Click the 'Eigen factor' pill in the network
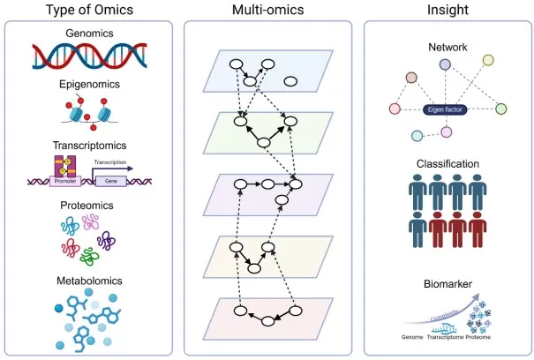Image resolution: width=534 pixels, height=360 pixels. (446, 108)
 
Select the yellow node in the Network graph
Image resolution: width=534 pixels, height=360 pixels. (488, 61)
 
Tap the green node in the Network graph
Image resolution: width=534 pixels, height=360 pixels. (500, 109)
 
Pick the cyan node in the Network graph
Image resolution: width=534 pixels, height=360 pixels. (417, 135)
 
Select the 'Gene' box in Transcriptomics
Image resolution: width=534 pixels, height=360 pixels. (110, 178)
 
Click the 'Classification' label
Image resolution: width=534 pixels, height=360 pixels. (448, 164)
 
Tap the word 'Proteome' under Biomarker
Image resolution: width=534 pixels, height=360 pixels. (478, 337)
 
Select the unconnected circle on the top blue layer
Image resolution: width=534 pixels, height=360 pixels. (290, 82)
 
